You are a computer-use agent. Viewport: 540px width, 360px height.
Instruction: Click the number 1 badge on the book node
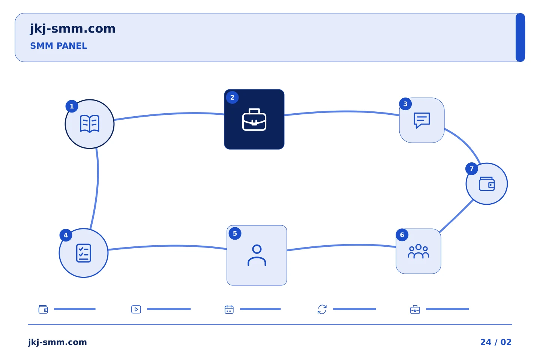(x=72, y=106)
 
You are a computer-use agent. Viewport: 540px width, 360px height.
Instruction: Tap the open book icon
(x=89, y=124)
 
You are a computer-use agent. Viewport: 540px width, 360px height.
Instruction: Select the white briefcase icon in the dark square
(x=254, y=120)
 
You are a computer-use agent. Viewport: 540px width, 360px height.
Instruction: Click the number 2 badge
(x=232, y=97)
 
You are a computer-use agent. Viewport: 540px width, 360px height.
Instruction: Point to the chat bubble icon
(x=421, y=120)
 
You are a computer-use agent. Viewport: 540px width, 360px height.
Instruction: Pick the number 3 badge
(x=405, y=104)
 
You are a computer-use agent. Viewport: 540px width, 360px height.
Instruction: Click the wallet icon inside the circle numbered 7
(x=486, y=184)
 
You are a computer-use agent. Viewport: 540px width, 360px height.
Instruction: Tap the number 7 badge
(x=471, y=169)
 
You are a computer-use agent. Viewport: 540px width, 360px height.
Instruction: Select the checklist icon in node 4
(x=83, y=253)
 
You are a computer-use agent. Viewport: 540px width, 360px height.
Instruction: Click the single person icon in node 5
(x=257, y=255)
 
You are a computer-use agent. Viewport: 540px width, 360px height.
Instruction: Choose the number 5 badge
(x=235, y=233)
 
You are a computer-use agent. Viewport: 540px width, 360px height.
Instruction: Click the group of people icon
(x=418, y=251)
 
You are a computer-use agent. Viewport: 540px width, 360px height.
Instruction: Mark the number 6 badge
(x=402, y=235)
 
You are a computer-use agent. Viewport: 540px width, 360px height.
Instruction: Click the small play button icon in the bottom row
(x=136, y=309)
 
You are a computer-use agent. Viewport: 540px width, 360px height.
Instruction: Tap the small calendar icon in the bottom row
(x=229, y=309)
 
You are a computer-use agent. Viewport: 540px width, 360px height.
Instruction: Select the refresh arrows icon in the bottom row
(x=322, y=309)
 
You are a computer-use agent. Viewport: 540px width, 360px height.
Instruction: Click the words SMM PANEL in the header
(x=58, y=46)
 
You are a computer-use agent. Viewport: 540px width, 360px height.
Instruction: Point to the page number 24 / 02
(x=496, y=342)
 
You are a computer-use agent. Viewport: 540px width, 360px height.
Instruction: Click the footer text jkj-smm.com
(x=57, y=342)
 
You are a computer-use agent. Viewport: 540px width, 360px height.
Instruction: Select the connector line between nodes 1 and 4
(x=97, y=188)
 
